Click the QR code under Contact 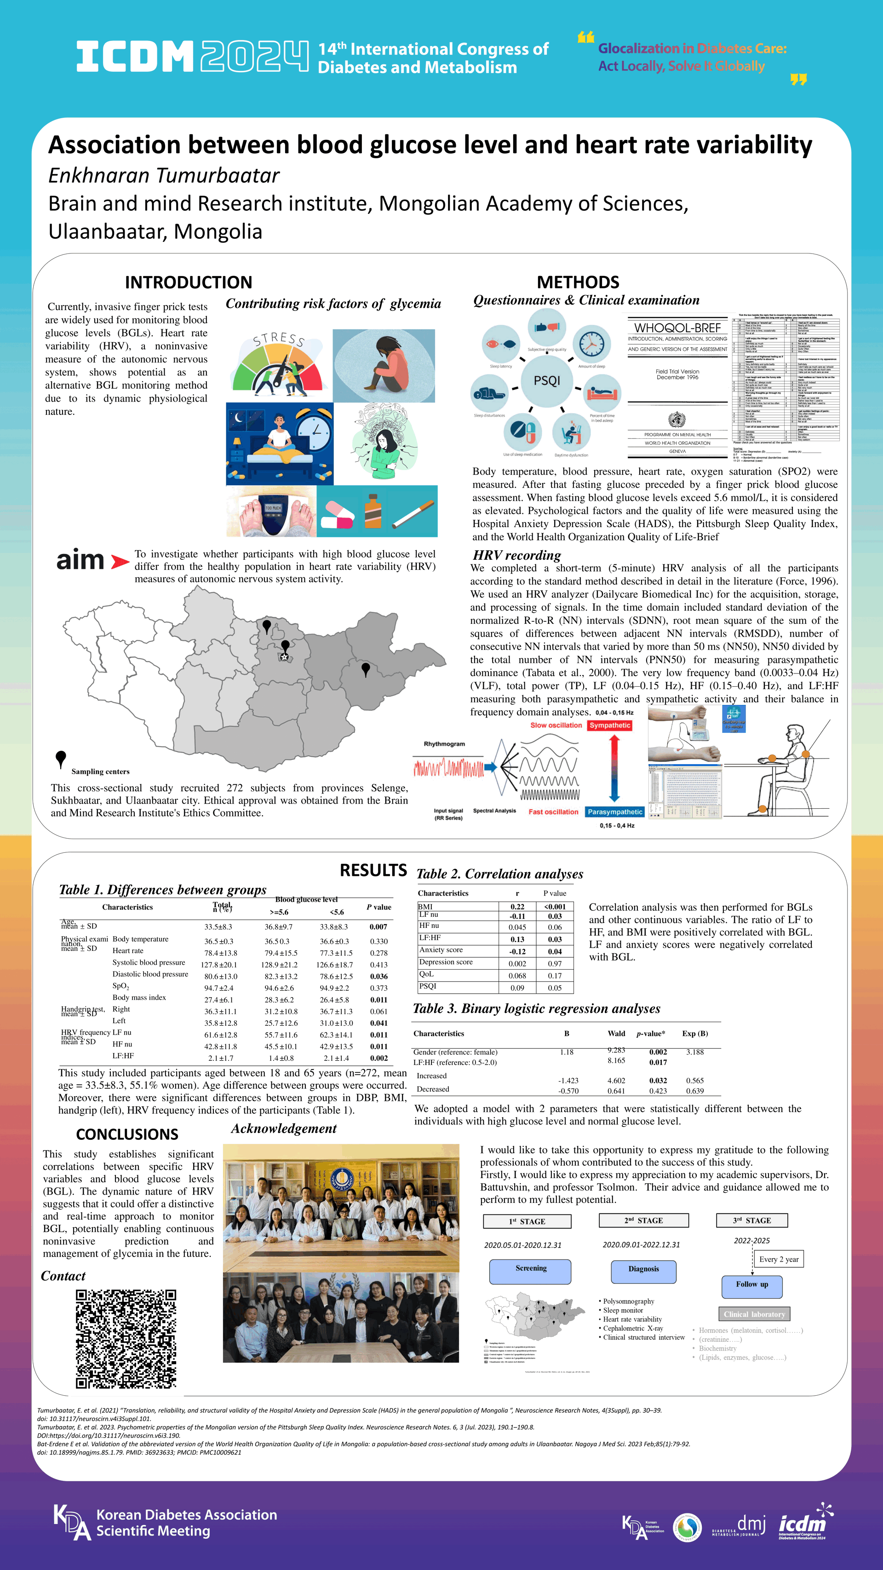click(126, 1339)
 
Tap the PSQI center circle click(547, 380)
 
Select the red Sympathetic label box click(609, 725)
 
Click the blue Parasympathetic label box click(615, 812)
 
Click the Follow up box click(751, 1287)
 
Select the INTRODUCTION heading click(188, 282)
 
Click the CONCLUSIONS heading click(127, 1134)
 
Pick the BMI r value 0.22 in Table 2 click(517, 907)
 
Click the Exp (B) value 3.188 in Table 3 click(695, 1052)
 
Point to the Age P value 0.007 click(378, 927)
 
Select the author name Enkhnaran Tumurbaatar click(164, 176)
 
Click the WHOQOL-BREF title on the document click(677, 328)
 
